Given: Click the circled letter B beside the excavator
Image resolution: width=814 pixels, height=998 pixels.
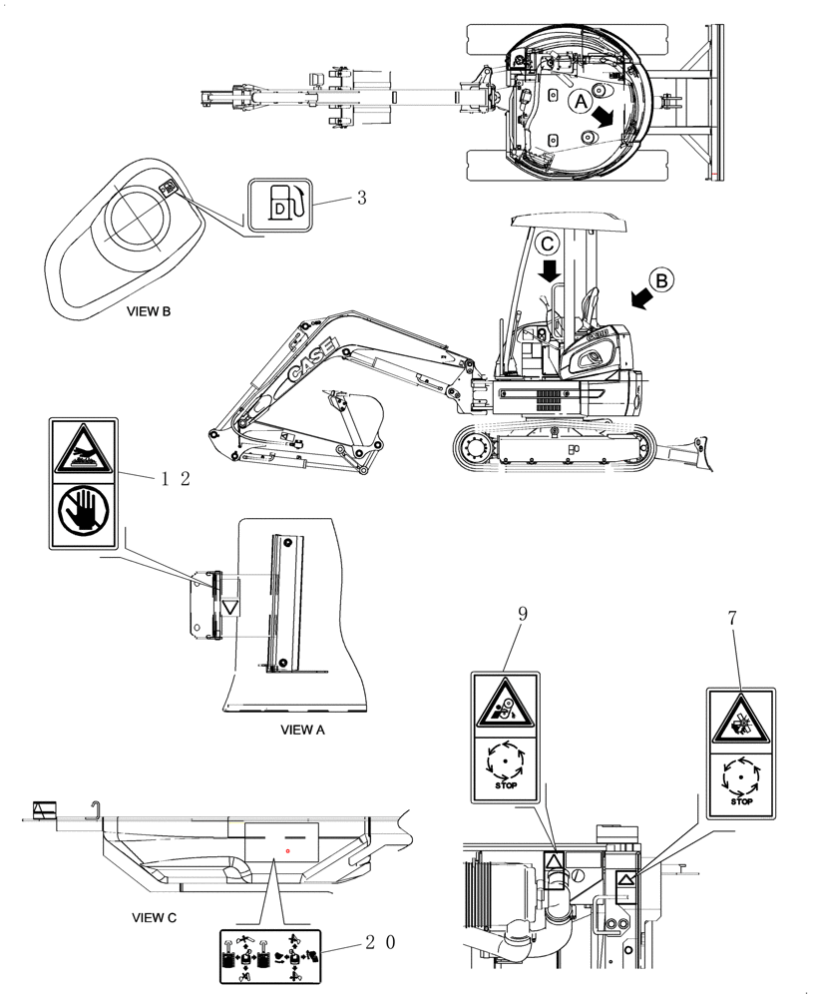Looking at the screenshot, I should [663, 278].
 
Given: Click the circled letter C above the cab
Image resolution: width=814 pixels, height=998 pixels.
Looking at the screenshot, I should [549, 242].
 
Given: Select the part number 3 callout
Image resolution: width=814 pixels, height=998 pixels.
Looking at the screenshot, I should [362, 198].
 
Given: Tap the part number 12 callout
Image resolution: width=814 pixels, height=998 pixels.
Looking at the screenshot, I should [175, 478].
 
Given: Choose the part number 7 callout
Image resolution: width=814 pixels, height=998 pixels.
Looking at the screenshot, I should [733, 619].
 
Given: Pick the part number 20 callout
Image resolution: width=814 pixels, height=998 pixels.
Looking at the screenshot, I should [380, 941].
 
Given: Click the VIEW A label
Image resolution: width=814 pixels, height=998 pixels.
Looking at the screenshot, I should [303, 730].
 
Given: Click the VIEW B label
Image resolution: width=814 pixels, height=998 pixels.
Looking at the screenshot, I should [149, 311].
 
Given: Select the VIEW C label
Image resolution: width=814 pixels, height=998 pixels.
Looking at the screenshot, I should [155, 916].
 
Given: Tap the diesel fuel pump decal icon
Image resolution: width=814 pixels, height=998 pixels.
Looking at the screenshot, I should [282, 203].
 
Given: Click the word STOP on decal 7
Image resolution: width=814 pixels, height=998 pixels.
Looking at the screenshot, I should [740, 800].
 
